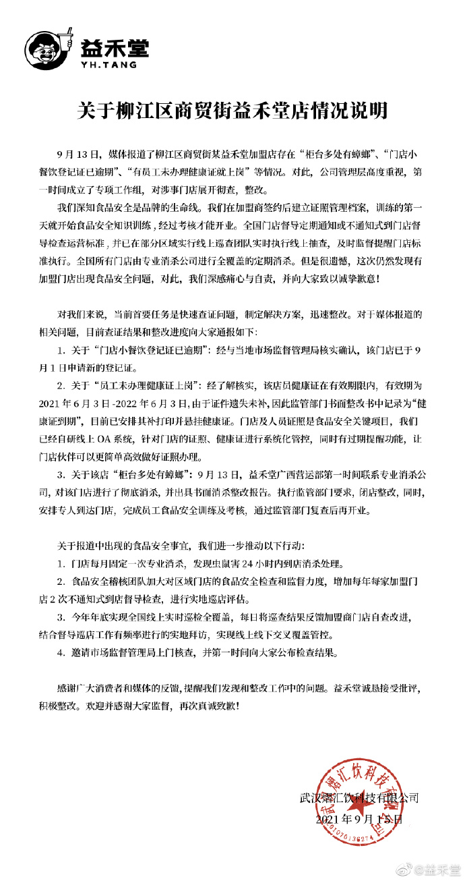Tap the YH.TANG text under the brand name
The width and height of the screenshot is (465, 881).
[108, 65]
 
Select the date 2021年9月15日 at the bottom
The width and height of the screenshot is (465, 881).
[359, 820]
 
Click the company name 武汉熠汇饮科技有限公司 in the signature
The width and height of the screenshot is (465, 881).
[359, 797]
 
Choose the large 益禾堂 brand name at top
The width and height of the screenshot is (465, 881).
[115, 47]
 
